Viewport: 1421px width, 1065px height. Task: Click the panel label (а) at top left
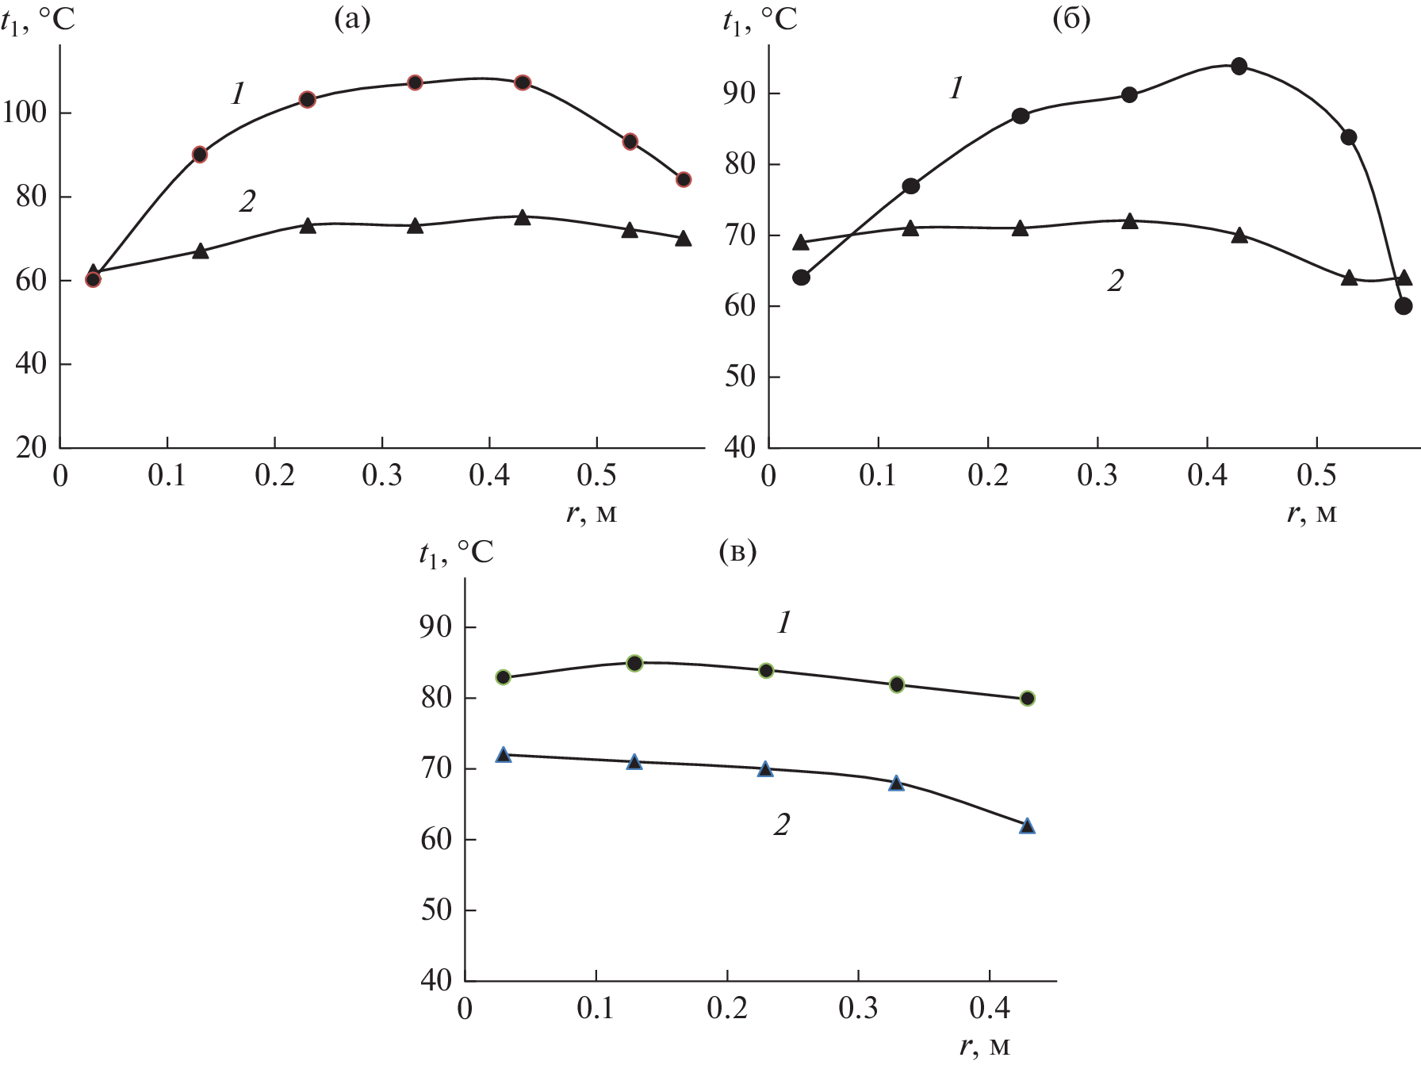coord(353,19)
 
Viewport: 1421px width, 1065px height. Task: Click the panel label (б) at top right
coord(1071,19)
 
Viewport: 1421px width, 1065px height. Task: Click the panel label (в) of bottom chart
coord(737,551)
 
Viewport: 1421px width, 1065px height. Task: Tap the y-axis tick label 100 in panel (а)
coord(25,113)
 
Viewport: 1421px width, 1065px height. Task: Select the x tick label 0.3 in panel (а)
coord(382,476)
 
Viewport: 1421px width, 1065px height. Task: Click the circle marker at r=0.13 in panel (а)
coord(200,155)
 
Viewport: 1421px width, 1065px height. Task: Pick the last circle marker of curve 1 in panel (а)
coord(684,180)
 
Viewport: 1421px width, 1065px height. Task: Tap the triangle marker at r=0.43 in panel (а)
coord(522,217)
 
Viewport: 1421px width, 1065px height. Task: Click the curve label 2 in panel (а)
coord(247,202)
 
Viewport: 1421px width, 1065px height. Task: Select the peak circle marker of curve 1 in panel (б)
coord(1239,66)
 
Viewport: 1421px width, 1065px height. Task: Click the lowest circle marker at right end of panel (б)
coord(1404,306)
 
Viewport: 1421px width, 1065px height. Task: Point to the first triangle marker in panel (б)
coord(801,242)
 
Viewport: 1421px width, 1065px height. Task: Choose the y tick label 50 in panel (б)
coord(740,377)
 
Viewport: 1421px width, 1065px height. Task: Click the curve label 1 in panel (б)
coord(956,88)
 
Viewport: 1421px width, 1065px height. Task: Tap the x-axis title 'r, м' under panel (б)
coord(1312,514)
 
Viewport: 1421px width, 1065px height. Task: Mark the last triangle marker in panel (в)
coord(1028,826)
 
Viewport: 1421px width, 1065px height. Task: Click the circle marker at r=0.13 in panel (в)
coord(634,663)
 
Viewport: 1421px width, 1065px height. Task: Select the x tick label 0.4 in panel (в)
coord(989,1008)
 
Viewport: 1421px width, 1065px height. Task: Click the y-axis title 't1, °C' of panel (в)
coord(456,553)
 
